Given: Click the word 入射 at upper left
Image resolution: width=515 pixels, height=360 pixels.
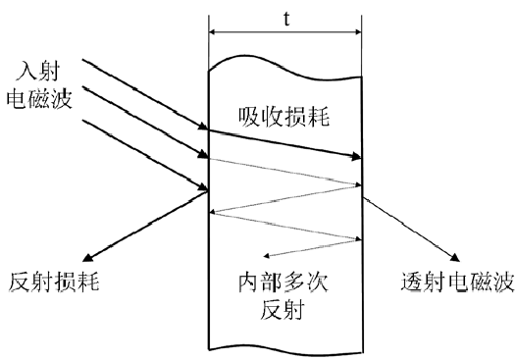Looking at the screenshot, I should point(38,74).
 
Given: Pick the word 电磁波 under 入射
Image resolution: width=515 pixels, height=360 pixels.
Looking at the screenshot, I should point(38,97).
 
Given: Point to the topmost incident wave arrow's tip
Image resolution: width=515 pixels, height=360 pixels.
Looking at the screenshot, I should point(205,128).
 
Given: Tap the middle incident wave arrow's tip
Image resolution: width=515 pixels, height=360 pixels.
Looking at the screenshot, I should point(205,156).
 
